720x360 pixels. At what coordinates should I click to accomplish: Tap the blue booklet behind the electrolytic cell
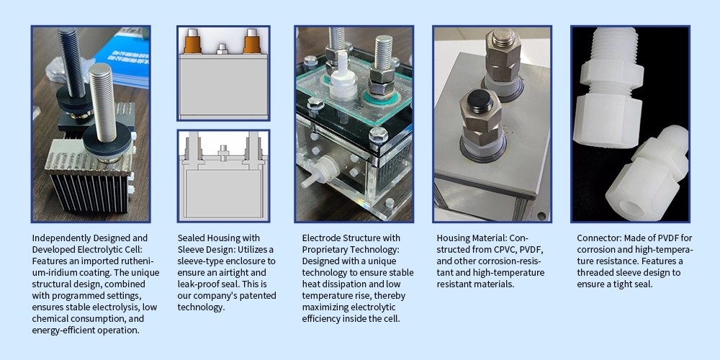coord(125,57)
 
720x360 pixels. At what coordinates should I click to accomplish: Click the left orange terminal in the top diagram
coord(193,42)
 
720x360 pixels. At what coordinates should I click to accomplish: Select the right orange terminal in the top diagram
coord(252,42)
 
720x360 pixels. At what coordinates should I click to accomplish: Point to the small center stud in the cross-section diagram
coord(223,153)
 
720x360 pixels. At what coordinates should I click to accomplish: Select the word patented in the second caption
coord(259,295)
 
